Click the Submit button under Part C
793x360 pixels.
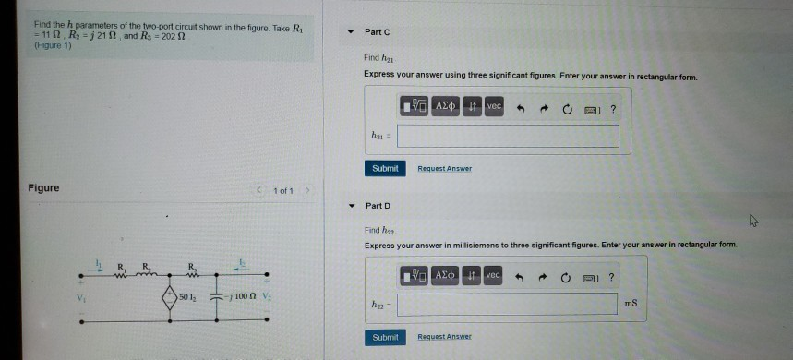click(x=385, y=168)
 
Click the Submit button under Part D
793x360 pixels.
click(x=385, y=338)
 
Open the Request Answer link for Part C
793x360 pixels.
click(x=444, y=169)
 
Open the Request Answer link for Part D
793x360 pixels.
click(x=444, y=338)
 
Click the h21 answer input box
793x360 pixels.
click(x=509, y=137)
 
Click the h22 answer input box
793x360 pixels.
click(x=508, y=304)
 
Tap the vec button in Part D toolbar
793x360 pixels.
click(x=494, y=275)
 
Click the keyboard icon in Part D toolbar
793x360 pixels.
click(x=587, y=276)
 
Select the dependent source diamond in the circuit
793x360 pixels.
click(x=169, y=297)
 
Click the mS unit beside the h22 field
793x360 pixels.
click(x=631, y=304)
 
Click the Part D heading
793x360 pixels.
click(x=378, y=205)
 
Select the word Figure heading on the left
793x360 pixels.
click(x=43, y=188)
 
